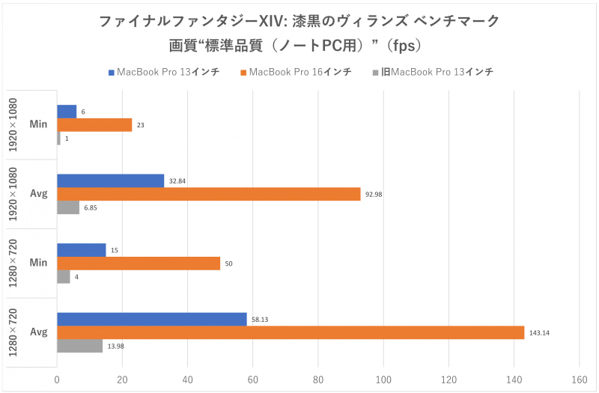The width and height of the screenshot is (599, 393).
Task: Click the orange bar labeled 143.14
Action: pos(291,332)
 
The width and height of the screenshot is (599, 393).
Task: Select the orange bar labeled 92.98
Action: pos(208,194)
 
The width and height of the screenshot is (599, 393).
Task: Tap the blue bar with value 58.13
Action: pos(152,319)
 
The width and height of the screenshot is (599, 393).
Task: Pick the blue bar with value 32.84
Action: pos(110,180)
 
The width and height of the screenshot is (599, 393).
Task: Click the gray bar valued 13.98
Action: pos(79,346)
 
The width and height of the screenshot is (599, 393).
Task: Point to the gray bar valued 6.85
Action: pos(68,207)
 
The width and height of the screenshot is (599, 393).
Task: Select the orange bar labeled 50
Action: pos(139,263)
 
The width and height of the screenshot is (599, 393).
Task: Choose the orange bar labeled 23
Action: pos(94,125)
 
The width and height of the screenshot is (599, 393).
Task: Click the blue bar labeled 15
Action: pos(81,249)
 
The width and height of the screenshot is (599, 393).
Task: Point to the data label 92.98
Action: pos(374,194)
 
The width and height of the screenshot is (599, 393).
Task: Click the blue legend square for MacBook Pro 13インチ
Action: pos(111,73)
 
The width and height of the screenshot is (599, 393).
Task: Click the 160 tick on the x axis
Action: pos(579,380)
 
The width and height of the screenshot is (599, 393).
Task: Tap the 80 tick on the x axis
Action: pos(318,380)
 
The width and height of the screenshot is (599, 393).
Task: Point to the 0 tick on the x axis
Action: pos(57,380)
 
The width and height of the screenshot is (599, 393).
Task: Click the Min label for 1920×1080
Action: pos(39,125)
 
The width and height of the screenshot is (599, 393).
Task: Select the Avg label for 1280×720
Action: pos(39,332)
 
